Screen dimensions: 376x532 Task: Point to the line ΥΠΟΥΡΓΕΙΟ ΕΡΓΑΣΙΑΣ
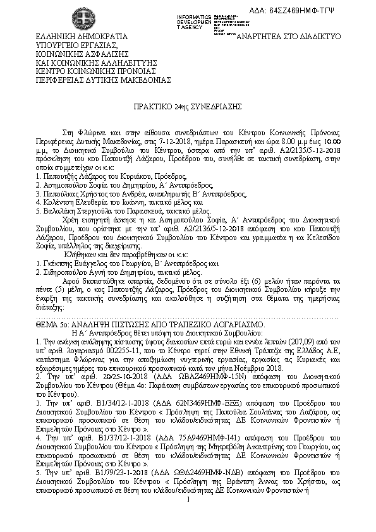click(77, 45)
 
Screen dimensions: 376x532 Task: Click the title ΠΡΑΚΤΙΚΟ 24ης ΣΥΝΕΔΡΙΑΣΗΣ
click(188, 109)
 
